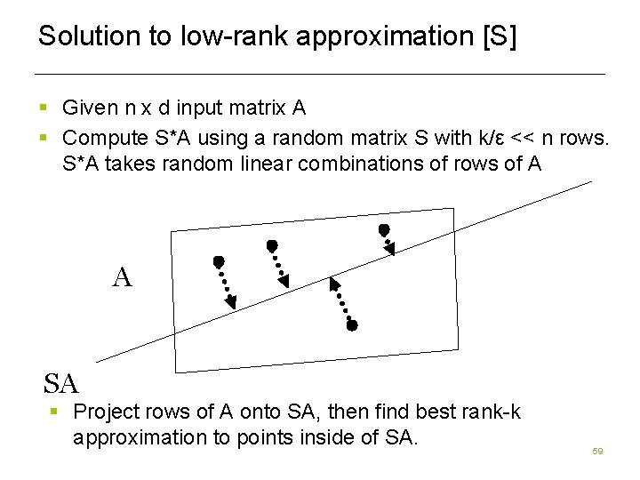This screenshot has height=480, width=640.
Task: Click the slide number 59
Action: click(x=597, y=452)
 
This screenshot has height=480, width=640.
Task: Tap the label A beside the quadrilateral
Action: click(x=123, y=278)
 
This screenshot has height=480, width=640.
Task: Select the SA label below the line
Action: click(x=61, y=384)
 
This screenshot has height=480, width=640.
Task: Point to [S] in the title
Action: click(x=498, y=36)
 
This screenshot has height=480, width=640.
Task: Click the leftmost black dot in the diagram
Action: click(x=218, y=262)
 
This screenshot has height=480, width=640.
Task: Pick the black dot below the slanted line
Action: click(x=352, y=326)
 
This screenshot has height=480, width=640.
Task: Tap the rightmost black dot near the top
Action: click(x=384, y=230)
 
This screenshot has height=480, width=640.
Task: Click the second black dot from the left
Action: click(x=272, y=244)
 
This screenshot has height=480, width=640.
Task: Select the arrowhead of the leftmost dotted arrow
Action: click(x=231, y=302)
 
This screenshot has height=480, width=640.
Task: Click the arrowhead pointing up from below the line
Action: click(x=334, y=284)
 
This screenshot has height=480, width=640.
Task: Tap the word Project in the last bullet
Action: click(x=105, y=412)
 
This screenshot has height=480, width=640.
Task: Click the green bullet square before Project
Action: click(x=54, y=412)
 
